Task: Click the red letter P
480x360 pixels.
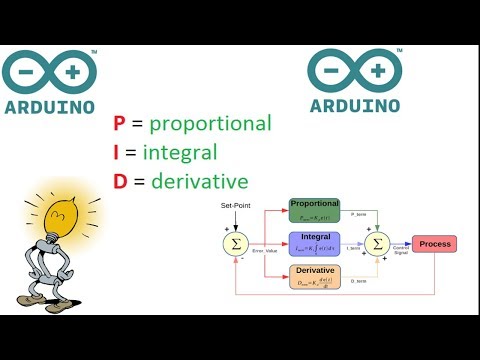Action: point(119,124)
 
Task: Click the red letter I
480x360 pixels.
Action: point(117,154)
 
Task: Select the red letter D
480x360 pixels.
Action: point(120,184)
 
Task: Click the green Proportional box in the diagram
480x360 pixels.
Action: point(316,209)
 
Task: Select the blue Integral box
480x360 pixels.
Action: point(316,243)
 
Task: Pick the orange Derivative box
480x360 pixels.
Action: point(316,277)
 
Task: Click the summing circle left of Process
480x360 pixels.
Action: point(378,243)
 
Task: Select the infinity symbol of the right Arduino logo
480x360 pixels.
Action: point(355,72)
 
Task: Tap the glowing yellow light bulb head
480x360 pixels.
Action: point(58,211)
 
